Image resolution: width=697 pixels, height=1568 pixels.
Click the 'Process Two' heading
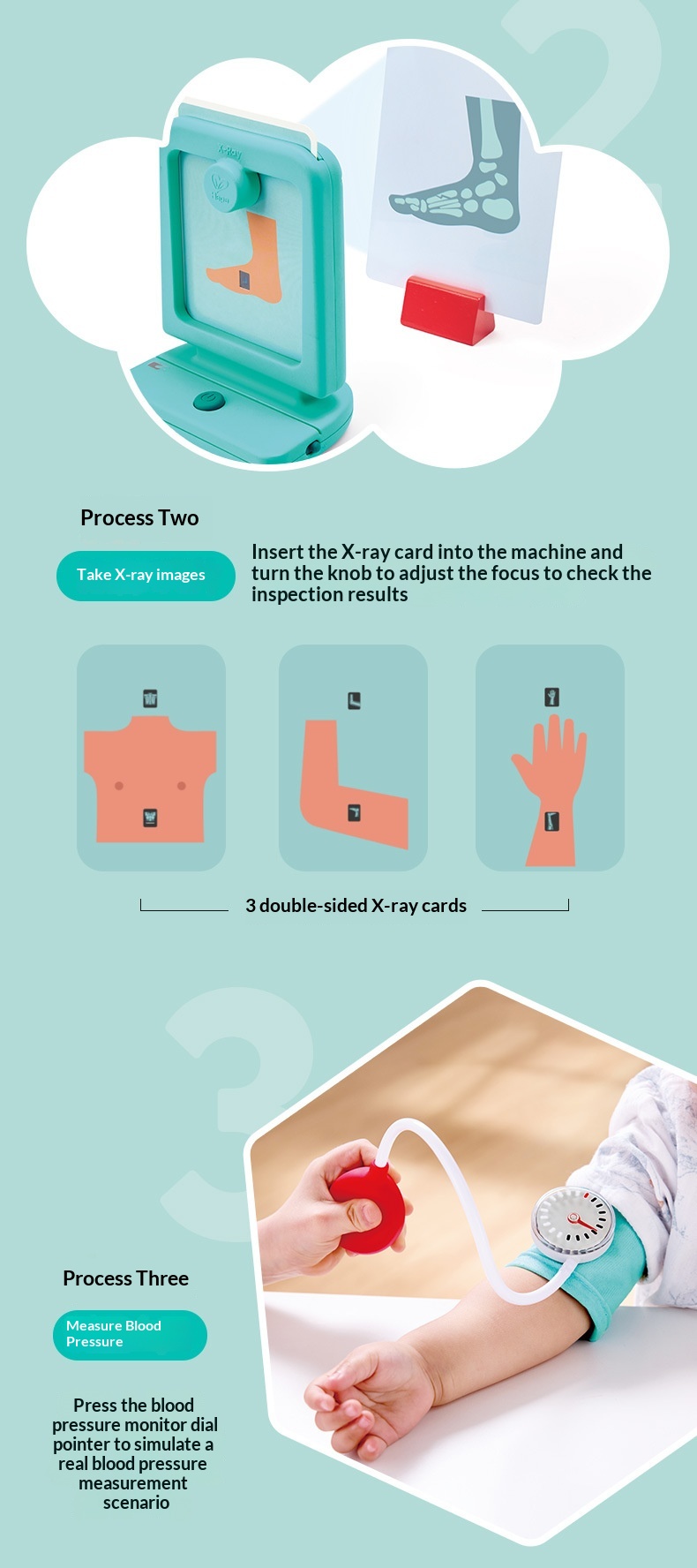139,518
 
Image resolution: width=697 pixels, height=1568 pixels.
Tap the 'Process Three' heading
125,1278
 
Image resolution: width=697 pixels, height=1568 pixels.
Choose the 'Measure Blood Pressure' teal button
130,1335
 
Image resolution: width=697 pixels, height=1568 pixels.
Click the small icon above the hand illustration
552,697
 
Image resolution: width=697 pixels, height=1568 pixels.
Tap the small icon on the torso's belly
150,818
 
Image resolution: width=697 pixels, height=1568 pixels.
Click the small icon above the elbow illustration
354,701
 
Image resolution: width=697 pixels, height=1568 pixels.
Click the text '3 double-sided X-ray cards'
356,906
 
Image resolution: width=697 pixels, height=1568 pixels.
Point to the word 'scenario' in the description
136,1503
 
